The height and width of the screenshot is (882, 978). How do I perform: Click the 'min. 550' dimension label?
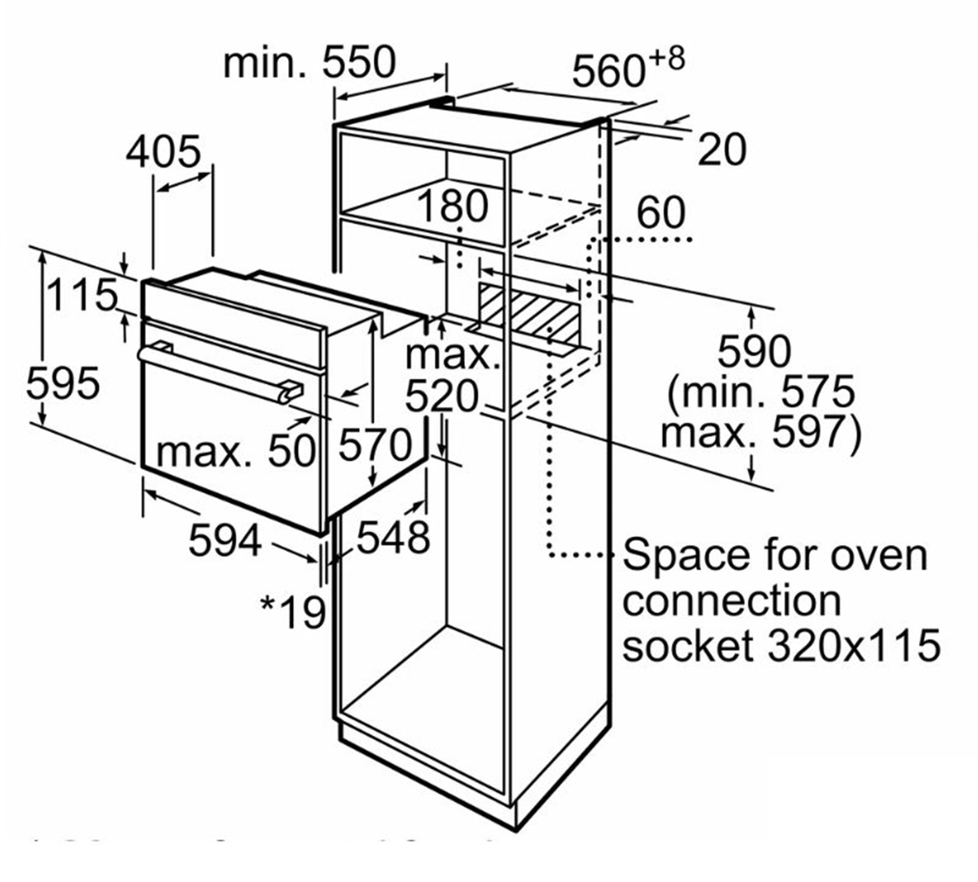point(309,62)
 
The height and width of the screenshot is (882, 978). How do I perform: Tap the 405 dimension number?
point(163,151)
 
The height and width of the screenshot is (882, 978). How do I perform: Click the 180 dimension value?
point(453,205)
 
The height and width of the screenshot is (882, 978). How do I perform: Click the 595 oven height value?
point(63,383)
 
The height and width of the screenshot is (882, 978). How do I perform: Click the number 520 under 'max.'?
point(442,396)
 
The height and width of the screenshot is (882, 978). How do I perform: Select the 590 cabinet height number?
point(754,351)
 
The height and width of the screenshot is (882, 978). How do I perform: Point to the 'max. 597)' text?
point(761,433)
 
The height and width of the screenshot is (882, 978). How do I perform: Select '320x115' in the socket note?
point(854,645)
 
